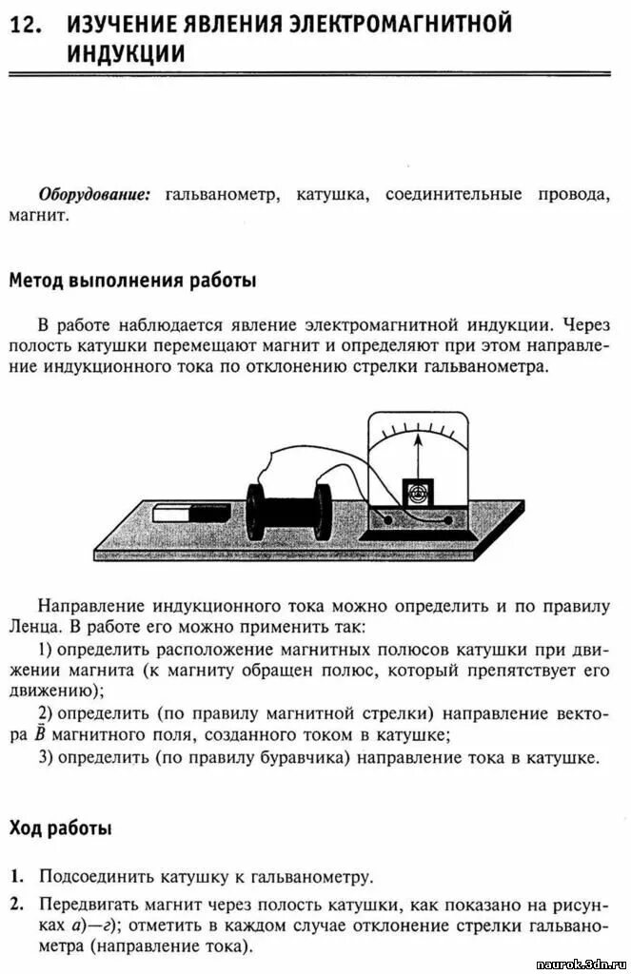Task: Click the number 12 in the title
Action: (26, 27)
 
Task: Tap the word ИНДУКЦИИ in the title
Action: (125, 54)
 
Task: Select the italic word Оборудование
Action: (94, 194)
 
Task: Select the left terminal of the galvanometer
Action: (386, 518)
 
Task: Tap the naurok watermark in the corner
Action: (577, 964)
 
